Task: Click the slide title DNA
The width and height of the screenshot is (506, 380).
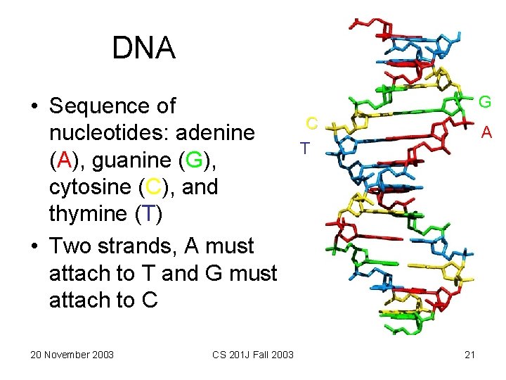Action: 143,49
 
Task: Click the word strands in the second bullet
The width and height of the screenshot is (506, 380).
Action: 134,246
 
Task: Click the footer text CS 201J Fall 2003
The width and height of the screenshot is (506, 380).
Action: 253,354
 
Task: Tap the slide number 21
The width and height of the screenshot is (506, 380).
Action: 470,354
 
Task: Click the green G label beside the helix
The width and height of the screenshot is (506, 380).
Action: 484,103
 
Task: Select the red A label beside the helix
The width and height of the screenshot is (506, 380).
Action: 486,132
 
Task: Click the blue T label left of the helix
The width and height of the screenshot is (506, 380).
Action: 304,148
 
